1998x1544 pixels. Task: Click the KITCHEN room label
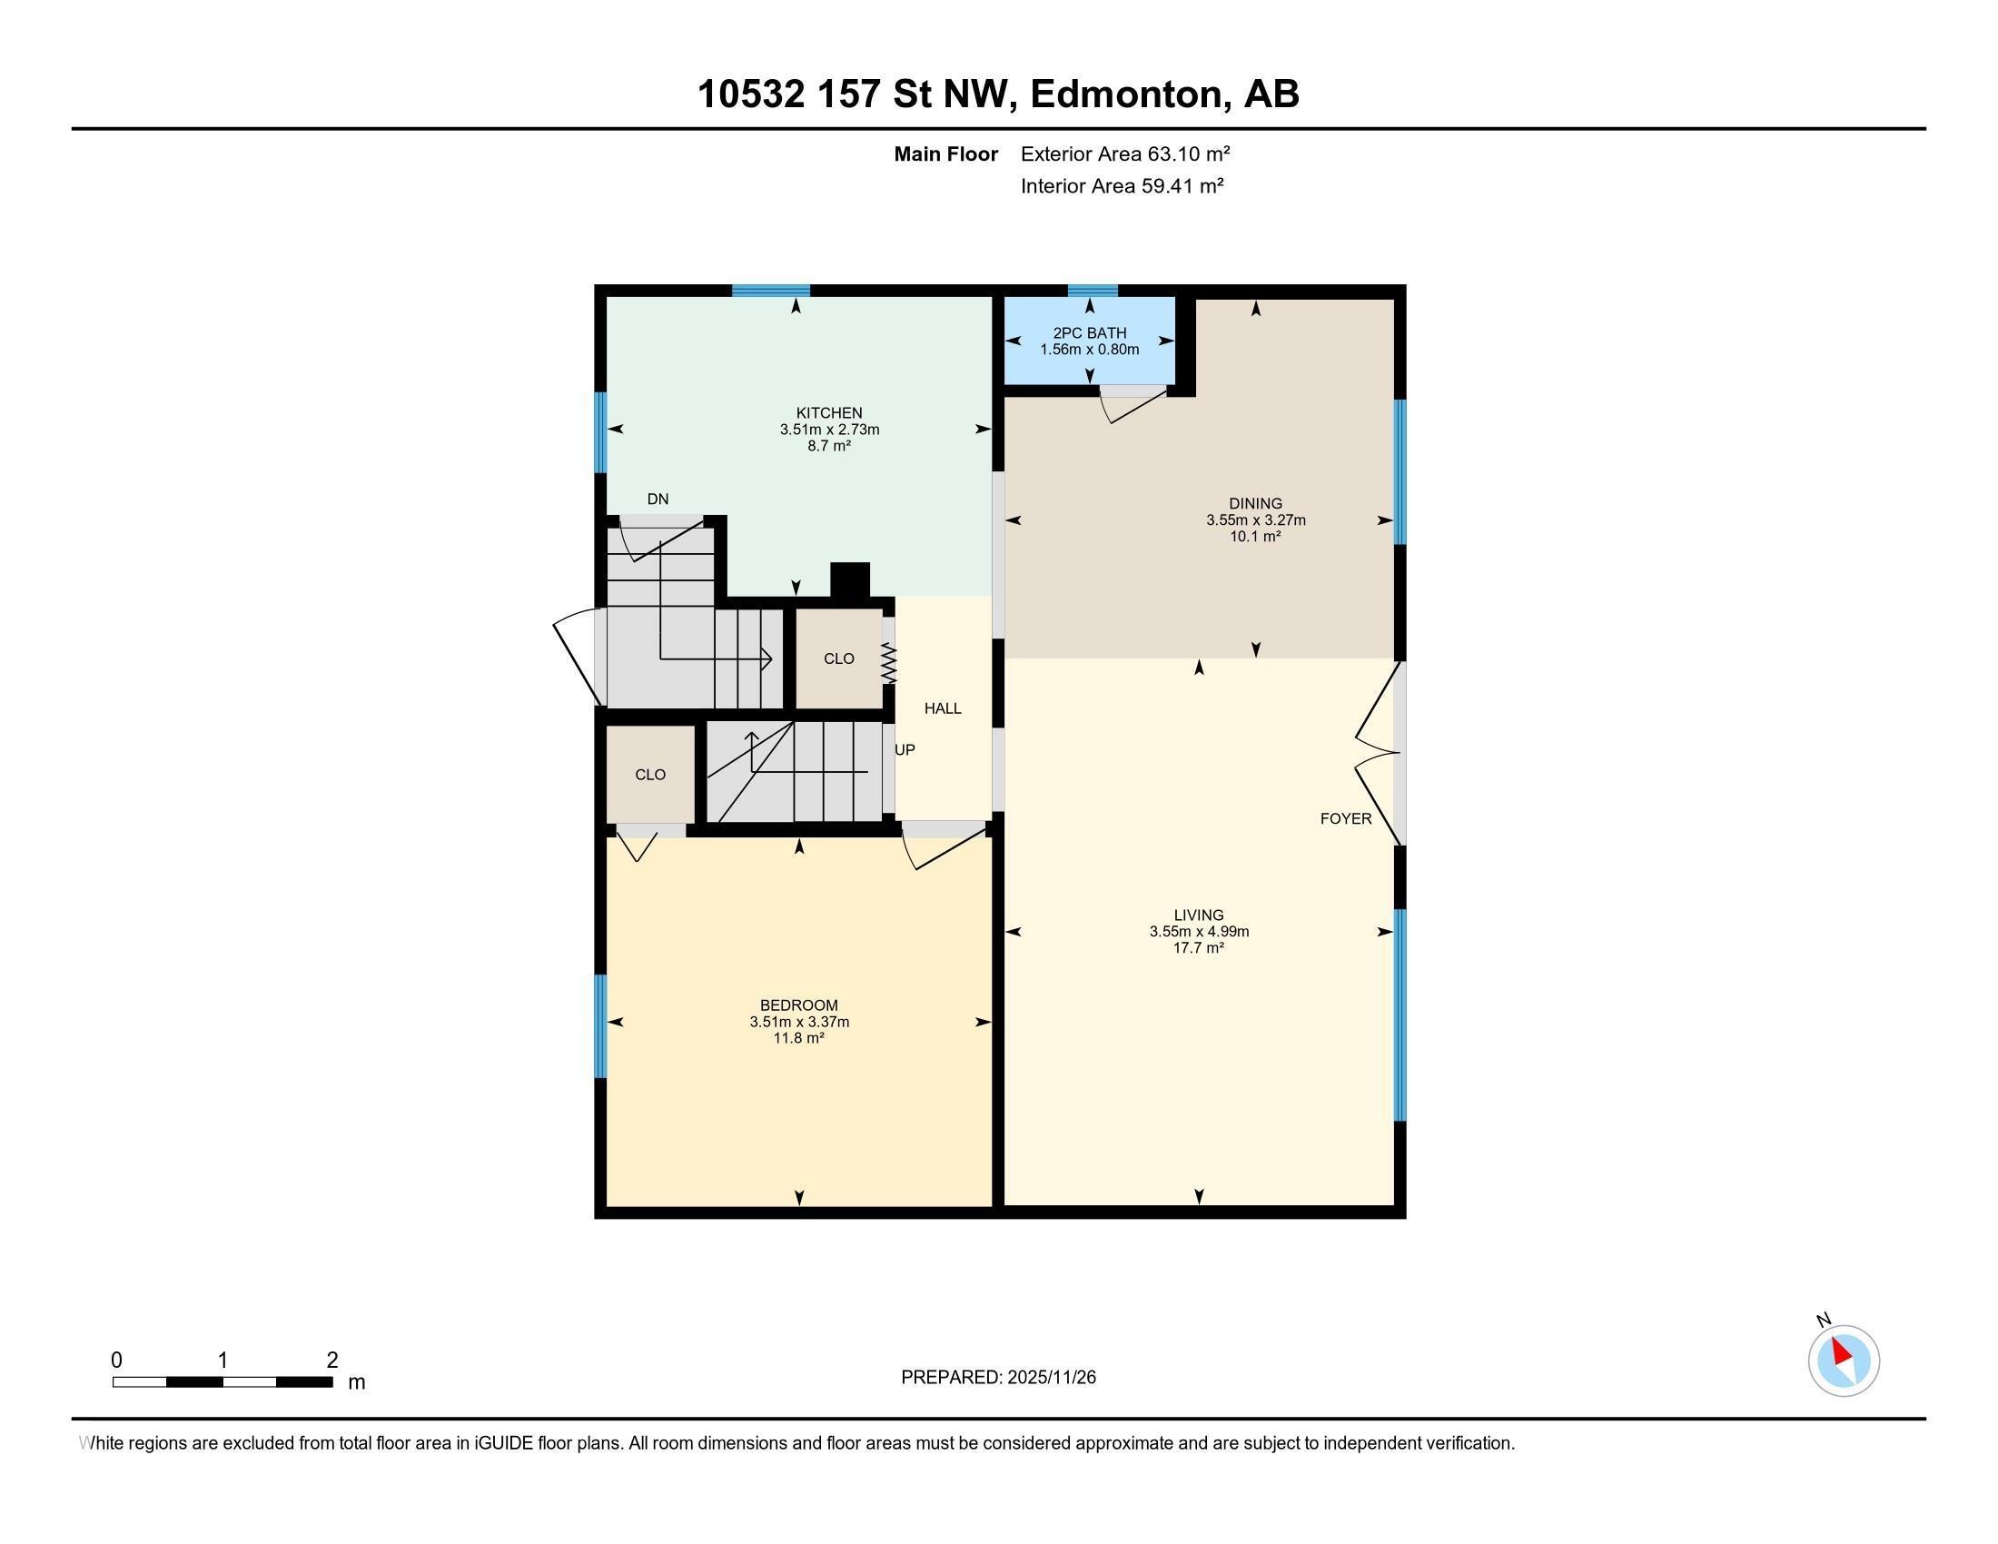click(829, 412)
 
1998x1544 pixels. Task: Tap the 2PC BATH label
click(1089, 333)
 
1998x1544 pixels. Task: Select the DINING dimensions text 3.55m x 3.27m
click(1255, 520)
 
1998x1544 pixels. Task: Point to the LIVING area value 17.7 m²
click(1199, 947)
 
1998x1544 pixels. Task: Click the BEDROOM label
click(798, 1005)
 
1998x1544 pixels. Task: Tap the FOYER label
click(1345, 818)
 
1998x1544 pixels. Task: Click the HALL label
click(943, 708)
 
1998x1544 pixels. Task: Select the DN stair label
click(658, 499)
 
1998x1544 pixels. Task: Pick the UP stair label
click(905, 749)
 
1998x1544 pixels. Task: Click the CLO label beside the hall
click(839, 658)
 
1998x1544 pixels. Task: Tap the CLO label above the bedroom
click(650, 775)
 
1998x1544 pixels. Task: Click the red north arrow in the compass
click(1841, 1351)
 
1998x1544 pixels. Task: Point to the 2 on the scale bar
click(332, 1361)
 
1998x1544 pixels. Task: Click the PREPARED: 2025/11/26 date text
click(998, 1377)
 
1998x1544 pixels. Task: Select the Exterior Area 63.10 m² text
click(1124, 153)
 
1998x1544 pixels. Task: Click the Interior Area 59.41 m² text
click(1122, 185)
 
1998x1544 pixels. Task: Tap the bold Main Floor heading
click(945, 153)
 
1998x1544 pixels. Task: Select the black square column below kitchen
click(849, 581)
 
